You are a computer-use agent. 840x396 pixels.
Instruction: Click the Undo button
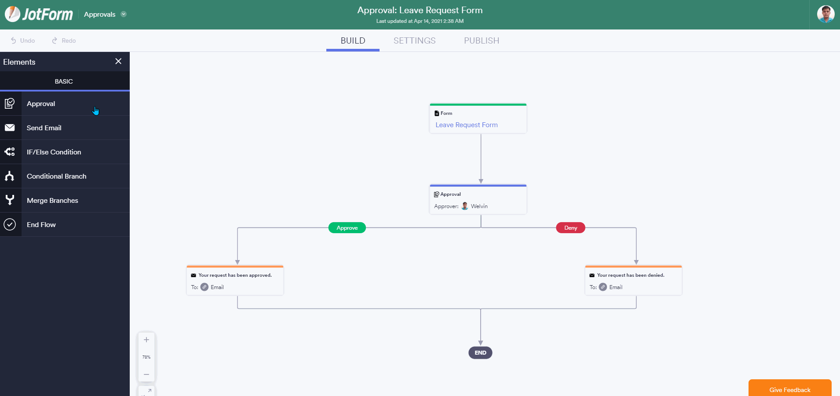tap(23, 40)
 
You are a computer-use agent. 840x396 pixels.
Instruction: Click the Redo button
tap(64, 40)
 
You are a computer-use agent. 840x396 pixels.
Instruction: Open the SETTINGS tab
tap(414, 40)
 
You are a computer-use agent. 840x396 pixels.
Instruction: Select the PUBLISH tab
tap(482, 40)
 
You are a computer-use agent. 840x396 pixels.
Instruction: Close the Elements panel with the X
tap(118, 61)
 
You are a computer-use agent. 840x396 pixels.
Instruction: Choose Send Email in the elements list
tap(65, 128)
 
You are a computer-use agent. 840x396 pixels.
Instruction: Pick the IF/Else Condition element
tap(65, 152)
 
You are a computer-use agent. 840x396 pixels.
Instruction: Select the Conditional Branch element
tap(65, 176)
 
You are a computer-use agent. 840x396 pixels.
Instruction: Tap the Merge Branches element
tap(65, 200)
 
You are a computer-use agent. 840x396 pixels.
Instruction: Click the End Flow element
tap(65, 224)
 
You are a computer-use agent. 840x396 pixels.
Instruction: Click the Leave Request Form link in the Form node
tap(467, 125)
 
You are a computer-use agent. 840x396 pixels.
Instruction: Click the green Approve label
tap(347, 228)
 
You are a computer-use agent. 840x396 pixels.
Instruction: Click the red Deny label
tap(570, 228)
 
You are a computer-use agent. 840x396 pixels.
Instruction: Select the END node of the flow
tap(480, 353)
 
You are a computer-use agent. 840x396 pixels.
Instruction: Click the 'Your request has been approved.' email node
tap(235, 280)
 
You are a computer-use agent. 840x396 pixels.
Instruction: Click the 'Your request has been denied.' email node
tap(633, 280)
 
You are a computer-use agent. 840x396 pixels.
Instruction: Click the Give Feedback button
tap(790, 389)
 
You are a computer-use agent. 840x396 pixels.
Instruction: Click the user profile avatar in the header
tap(825, 14)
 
